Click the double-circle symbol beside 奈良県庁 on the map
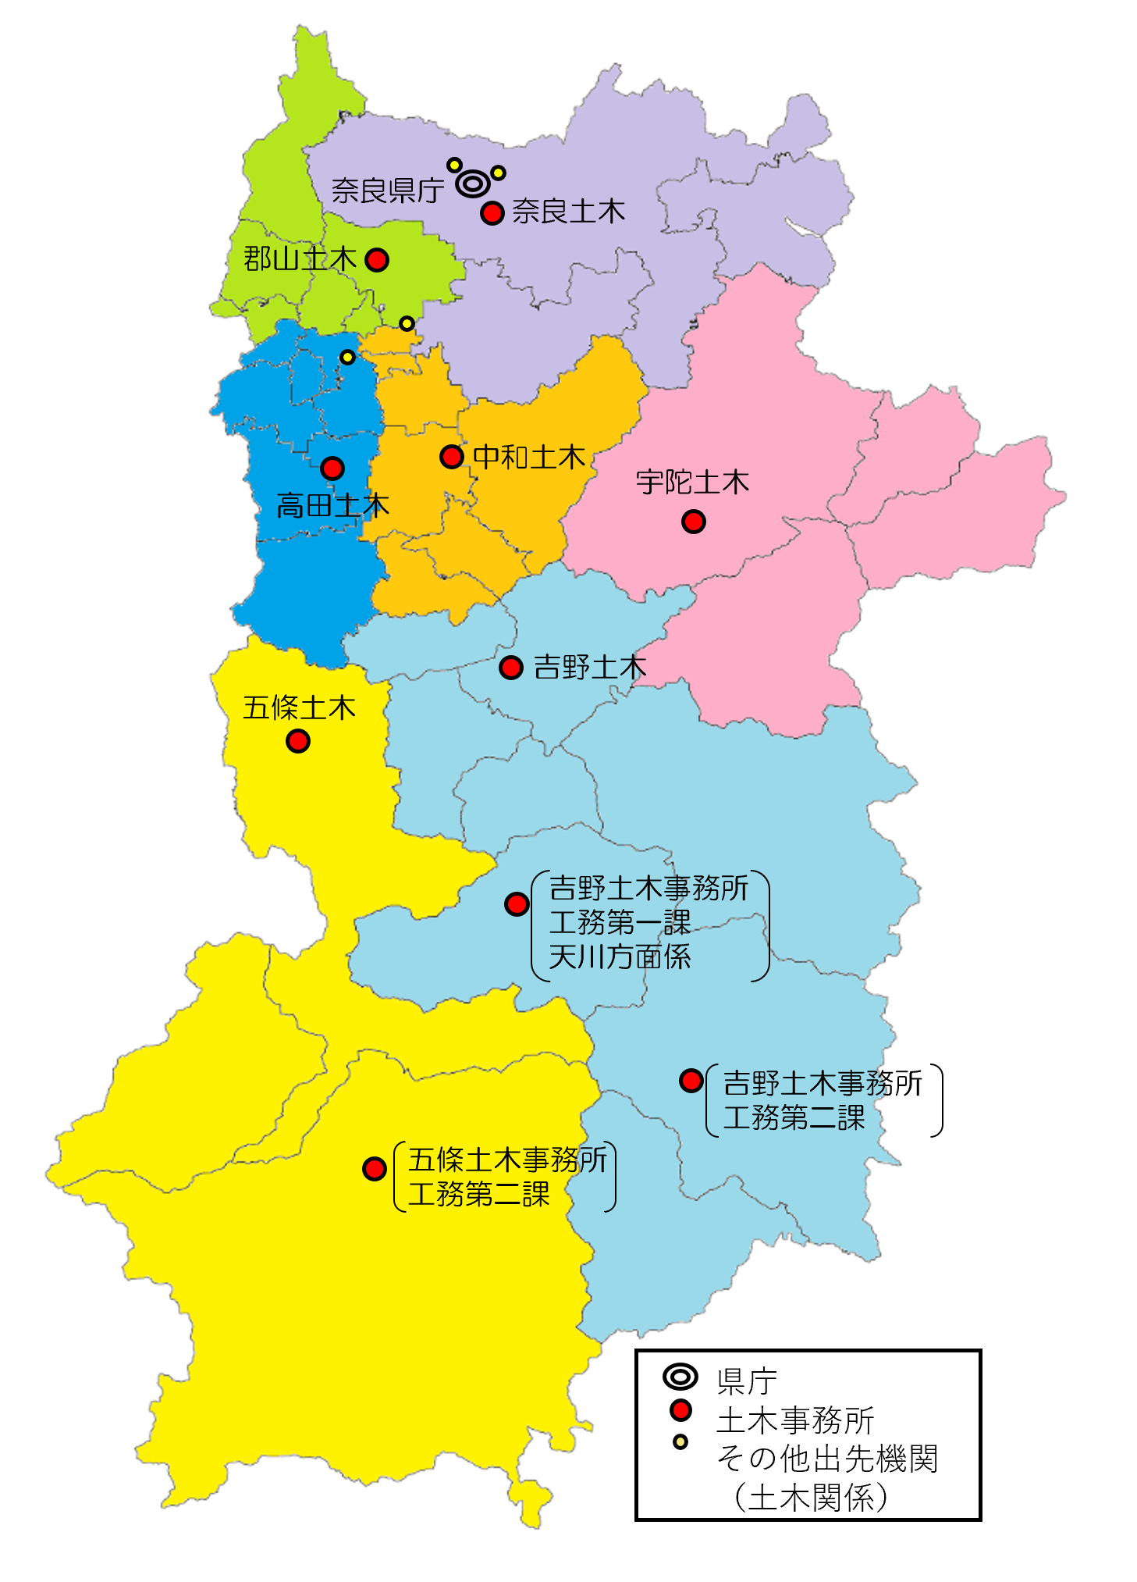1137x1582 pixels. click(473, 183)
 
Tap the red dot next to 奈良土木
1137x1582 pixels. click(492, 212)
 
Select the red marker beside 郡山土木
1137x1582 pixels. click(377, 260)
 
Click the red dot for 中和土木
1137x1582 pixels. click(452, 456)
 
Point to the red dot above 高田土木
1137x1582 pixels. click(332, 469)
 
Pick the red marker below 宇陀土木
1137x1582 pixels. click(694, 521)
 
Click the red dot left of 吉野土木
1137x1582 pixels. click(511, 668)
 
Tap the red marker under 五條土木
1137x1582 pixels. click(298, 740)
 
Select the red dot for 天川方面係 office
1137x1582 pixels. click(517, 904)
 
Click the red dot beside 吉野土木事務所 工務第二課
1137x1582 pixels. click(691, 1081)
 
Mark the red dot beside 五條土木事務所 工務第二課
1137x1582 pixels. click(375, 1169)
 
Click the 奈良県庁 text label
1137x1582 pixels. click(388, 190)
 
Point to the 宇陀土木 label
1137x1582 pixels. click(692, 483)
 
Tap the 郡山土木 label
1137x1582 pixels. click(300, 258)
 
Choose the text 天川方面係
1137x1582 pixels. click(620, 957)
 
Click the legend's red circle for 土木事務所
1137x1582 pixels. click(681, 1410)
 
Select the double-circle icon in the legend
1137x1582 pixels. click(680, 1377)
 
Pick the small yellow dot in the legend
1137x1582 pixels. click(680, 1442)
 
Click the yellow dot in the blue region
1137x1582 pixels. click(348, 358)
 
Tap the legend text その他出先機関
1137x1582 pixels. click(827, 1458)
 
